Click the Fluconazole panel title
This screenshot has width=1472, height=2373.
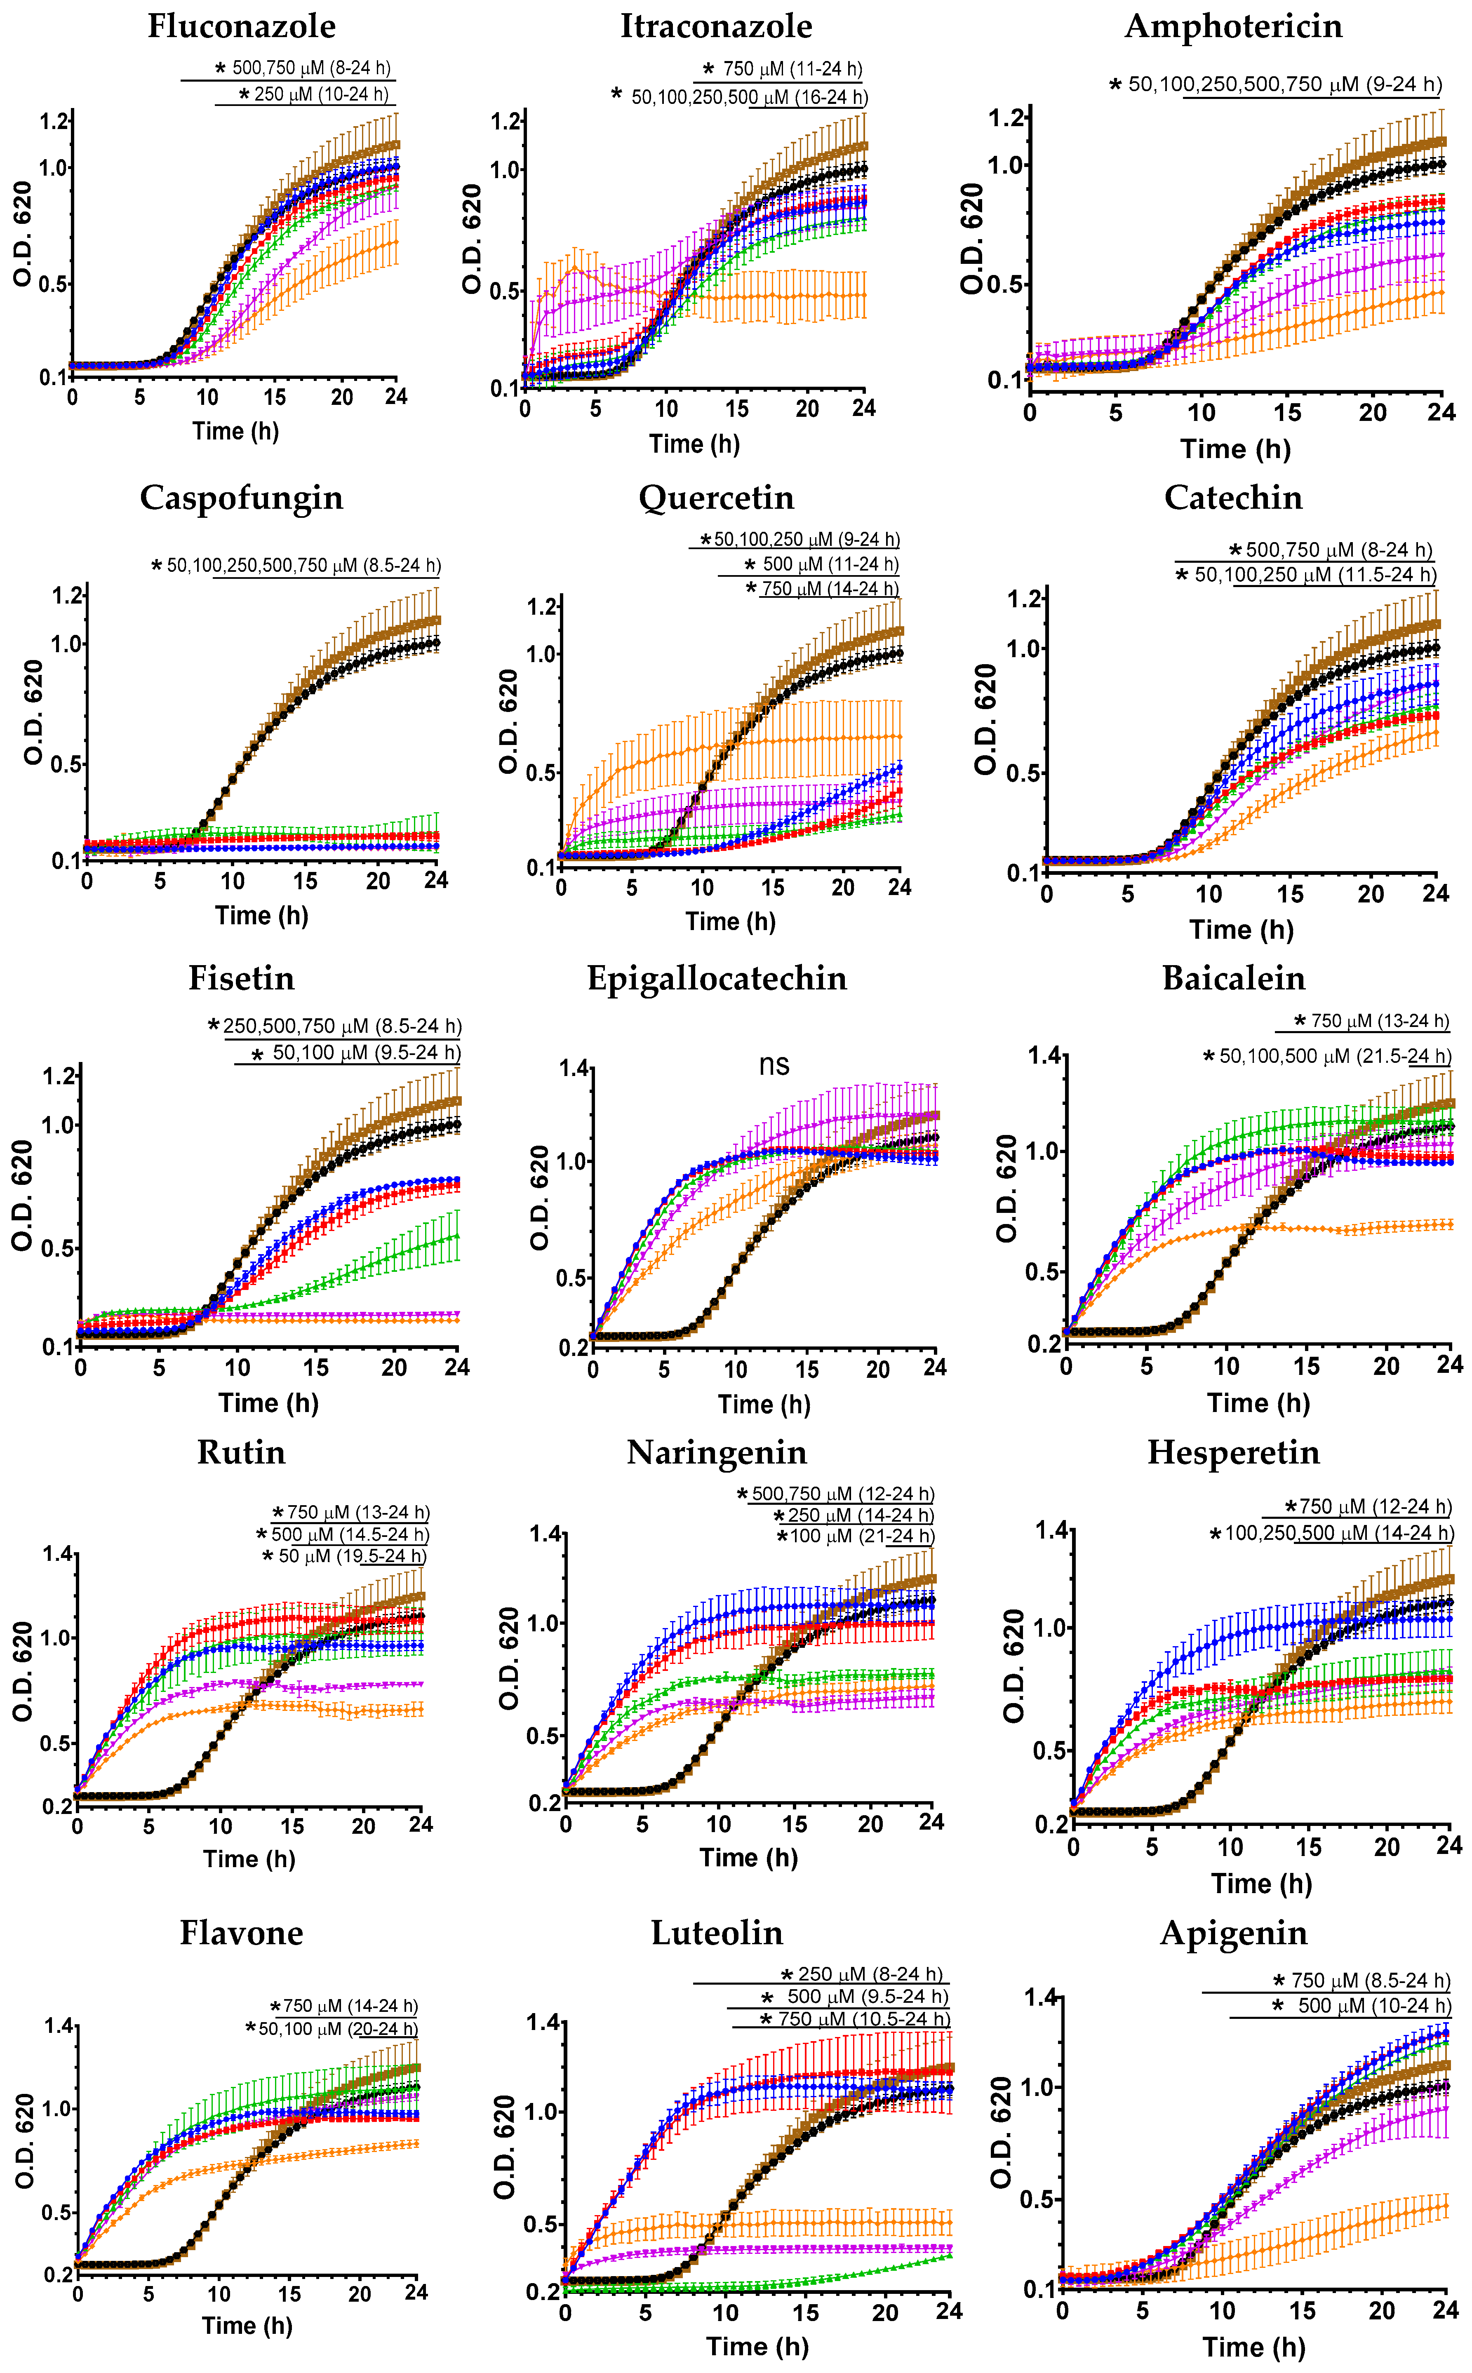point(242,26)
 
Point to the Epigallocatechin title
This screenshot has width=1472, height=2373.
point(717,978)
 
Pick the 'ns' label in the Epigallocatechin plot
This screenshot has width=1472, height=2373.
point(774,1065)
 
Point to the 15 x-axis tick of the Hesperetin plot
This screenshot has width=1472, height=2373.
point(1308,1847)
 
